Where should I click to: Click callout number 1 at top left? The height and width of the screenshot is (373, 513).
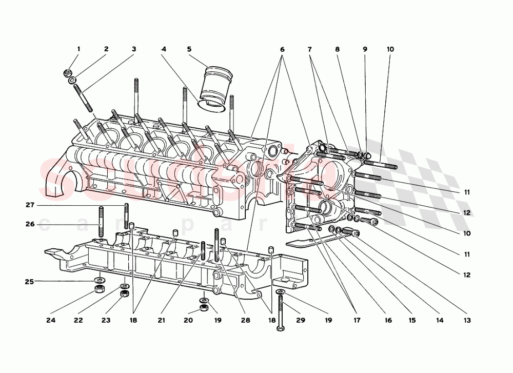coord(78,49)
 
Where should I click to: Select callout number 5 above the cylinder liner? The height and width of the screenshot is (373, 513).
coord(189,49)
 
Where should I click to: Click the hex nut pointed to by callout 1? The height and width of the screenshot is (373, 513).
coord(68,73)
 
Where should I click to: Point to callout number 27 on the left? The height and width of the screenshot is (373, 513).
coord(30,205)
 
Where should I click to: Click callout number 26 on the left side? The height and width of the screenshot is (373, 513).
coord(30,224)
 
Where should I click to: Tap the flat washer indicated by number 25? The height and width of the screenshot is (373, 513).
coord(97,280)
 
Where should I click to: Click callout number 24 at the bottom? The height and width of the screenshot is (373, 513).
coord(50,320)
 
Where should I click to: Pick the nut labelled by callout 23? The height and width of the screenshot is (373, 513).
coord(123,295)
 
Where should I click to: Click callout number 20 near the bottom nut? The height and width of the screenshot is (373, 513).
coord(188,320)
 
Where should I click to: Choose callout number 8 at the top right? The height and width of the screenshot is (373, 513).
coord(338,49)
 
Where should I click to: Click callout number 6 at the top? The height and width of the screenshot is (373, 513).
coord(282,49)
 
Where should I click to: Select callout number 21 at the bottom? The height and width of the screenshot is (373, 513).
coord(162,320)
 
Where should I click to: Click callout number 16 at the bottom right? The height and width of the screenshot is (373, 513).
coord(388,320)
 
